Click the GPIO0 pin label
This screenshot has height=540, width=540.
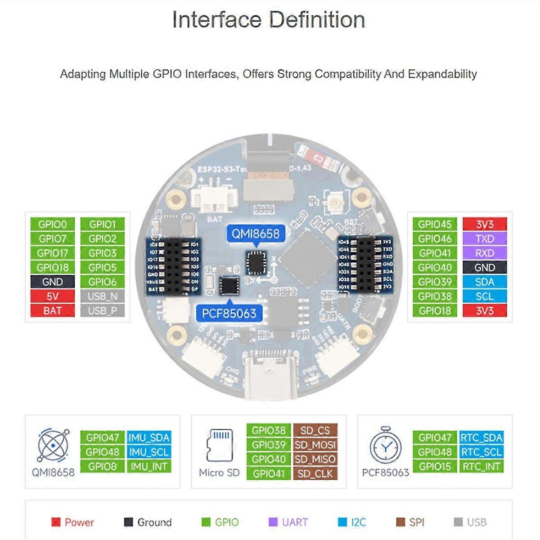[x=52, y=224]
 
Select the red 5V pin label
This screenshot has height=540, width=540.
[x=52, y=296]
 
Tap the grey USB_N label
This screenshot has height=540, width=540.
[x=102, y=296]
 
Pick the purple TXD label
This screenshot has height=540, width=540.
[x=484, y=238]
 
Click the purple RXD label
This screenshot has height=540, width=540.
[x=484, y=253]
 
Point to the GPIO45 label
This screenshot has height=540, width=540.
[x=434, y=224]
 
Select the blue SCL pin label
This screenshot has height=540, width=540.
[x=484, y=296]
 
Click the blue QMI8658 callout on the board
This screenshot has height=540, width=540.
[x=255, y=234]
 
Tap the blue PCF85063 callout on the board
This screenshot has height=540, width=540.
[x=229, y=313]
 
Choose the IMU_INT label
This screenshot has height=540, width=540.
[x=148, y=467]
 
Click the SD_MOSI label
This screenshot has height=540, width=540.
[x=315, y=445]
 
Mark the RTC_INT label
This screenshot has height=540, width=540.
[x=481, y=467]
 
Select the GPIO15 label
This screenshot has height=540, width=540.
[x=435, y=467]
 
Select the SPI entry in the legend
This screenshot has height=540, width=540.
[x=410, y=522]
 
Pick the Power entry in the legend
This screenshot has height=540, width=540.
[x=73, y=522]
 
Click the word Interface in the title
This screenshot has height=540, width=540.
[x=216, y=20]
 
